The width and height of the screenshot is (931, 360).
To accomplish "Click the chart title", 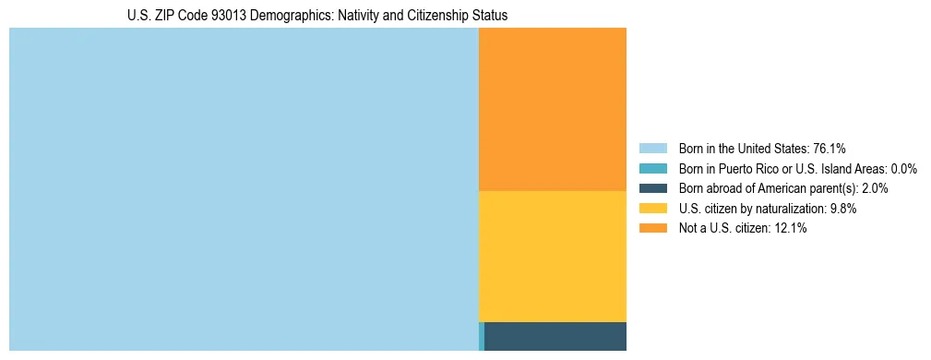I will (317, 16).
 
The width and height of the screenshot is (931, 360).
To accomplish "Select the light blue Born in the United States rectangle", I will (244, 189).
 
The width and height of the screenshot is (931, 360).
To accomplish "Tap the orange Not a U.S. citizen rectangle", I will (553, 109).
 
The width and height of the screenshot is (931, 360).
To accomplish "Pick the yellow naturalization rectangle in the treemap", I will (553, 256).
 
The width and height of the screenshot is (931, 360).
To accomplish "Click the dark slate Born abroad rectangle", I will (555, 336).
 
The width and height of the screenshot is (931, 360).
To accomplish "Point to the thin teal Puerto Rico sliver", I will (482, 336).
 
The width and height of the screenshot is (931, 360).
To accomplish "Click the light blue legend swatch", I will (653, 148).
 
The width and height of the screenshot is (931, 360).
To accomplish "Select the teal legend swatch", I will (653, 168).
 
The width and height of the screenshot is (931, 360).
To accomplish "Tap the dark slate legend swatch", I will (653, 188).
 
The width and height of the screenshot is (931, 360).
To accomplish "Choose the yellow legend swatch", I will (653, 209).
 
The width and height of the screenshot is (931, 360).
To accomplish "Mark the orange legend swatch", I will (653, 229).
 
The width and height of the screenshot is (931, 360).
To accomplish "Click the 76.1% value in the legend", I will (829, 148).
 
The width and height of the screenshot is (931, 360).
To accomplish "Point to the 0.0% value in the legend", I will (903, 168).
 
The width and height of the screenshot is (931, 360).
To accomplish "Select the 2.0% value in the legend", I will (876, 188).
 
